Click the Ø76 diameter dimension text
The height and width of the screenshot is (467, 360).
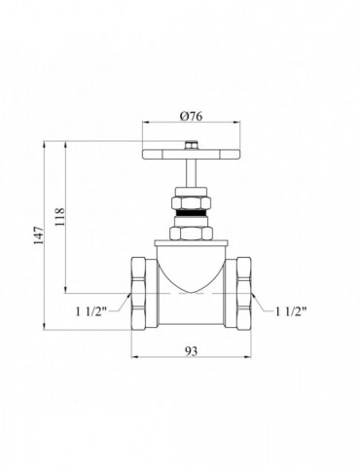click(192, 116)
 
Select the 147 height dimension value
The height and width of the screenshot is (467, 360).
click(39, 235)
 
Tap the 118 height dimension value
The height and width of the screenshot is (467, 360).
click(60, 217)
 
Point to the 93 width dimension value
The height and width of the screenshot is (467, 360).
click(192, 351)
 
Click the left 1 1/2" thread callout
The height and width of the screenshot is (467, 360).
click(91, 312)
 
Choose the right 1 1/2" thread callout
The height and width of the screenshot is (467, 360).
click(291, 311)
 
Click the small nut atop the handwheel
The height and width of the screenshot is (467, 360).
click(192, 145)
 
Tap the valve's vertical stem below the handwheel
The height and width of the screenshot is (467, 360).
click(192, 173)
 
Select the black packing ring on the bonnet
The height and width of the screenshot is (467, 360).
click(192, 213)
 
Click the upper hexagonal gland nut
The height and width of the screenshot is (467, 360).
click(192, 203)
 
